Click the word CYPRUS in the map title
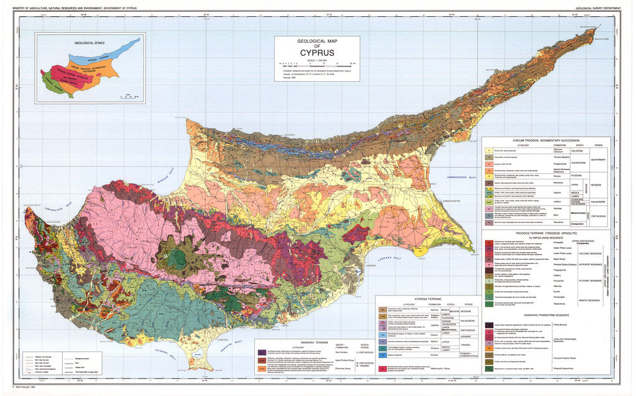(x=317, y=53)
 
